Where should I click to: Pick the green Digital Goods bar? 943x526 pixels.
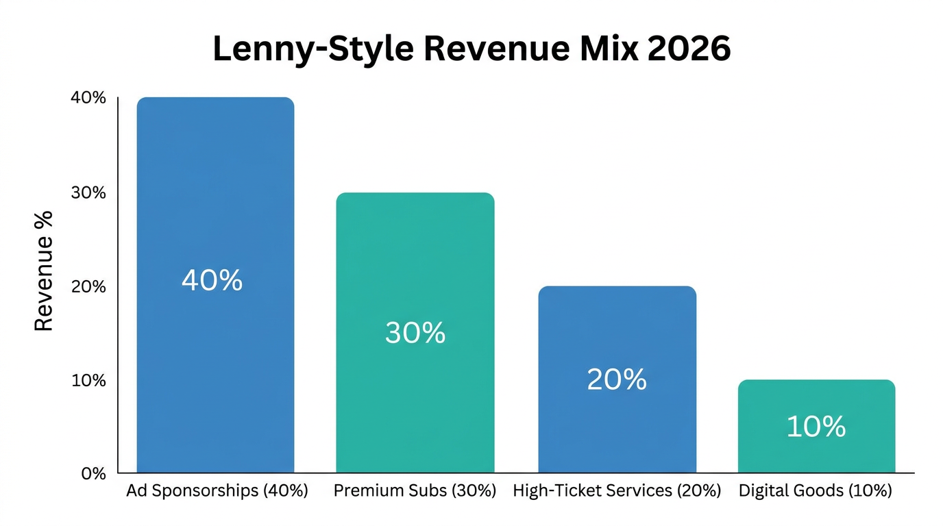[816, 452]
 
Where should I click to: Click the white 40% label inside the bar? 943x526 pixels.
[212, 280]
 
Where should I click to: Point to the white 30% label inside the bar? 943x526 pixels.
[415, 333]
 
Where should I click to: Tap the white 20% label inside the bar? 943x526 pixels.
[617, 379]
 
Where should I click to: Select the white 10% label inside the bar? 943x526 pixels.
[816, 427]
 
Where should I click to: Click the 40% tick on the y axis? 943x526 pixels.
[88, 98]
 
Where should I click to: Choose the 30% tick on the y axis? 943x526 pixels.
[88, 192]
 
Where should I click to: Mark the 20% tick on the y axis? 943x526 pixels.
[88, 286]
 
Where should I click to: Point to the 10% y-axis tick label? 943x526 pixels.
[88, 380]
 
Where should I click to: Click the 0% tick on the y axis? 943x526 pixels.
[93, 473]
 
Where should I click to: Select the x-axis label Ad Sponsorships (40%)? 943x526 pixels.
[217, 491]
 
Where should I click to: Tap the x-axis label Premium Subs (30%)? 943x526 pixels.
[415, 491]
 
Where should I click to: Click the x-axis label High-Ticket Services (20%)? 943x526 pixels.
[617, 491]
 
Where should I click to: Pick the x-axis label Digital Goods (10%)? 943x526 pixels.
[816, 491]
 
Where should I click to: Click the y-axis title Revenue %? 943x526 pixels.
[44, 271]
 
